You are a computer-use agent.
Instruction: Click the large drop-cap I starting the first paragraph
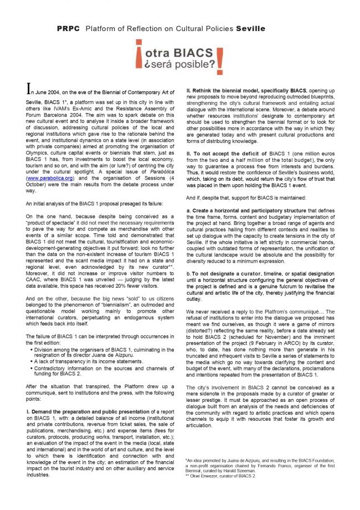point(29,89)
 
